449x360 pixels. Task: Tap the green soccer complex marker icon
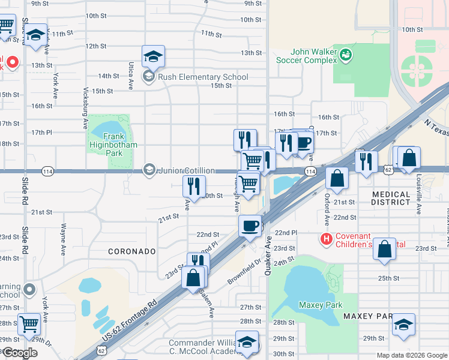coord(346,55)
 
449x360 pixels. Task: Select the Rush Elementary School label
coord(202,77)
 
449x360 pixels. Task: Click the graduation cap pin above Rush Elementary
coord(153,57)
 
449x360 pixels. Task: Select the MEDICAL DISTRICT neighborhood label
coord(399,199)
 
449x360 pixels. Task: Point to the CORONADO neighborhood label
coord(131,251)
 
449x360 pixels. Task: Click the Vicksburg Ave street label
coord(86,108)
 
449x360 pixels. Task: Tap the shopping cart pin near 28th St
coord(29,325)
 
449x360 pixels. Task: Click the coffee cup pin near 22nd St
coord(250,226)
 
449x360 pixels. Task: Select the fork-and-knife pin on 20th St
coord(194,186)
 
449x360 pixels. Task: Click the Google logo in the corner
coord(20,352)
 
